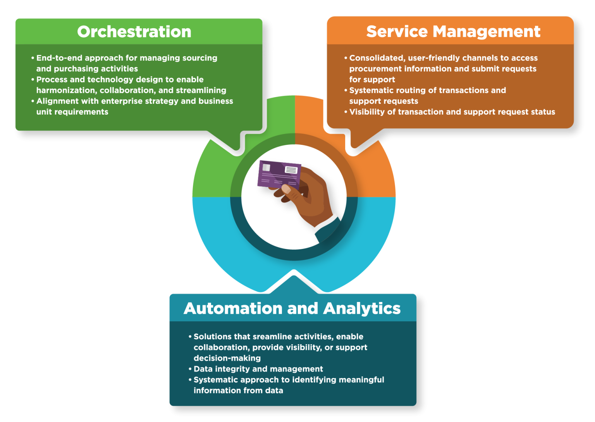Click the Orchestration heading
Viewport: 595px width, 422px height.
pyautogui.click(x=134, y=32)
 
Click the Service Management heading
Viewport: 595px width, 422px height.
pyautogui.click(x=453, y=32)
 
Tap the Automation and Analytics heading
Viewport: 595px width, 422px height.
pyautogui.click(x=292, y=309)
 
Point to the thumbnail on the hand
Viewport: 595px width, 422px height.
pyautogui.click(x=286, y=189)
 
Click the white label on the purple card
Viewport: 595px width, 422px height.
pyautogui.click(x=291, y=170)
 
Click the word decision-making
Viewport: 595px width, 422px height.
pyautogui.click(x=227, y=359)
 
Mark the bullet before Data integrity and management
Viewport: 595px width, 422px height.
pyautogui.click(x=190, y=369)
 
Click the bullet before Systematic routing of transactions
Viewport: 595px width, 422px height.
pyautogui.click(x=346, y=90)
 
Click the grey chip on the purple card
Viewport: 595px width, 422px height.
pyautogui.click(x=266, y=168)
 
